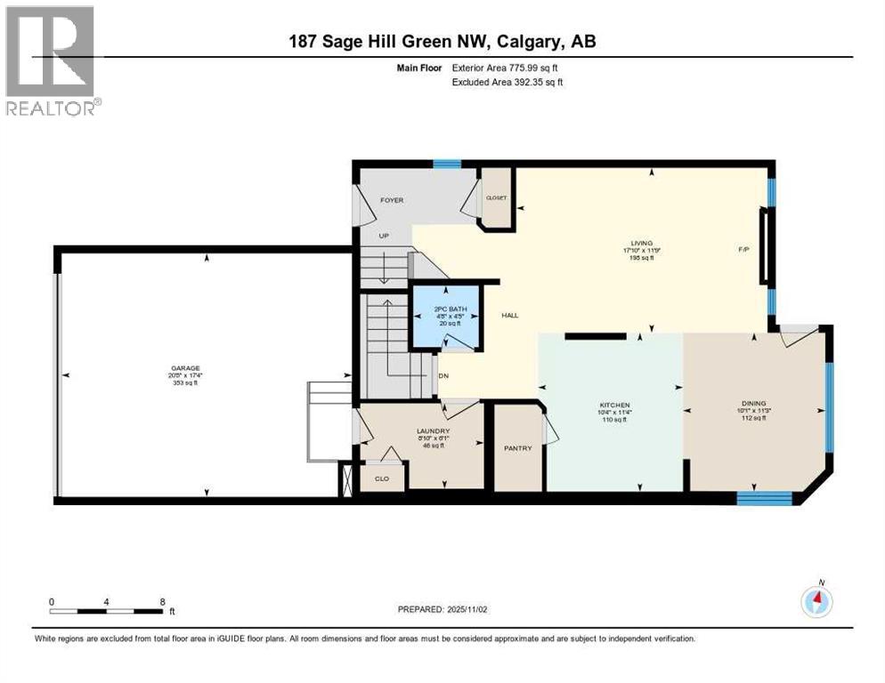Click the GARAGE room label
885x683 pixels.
(x=186, y=367)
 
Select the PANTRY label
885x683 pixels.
(x=517, y=448)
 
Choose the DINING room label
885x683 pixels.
(x=753, y=403)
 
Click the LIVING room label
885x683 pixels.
(x=641, y=243)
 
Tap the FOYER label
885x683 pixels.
(x=392, y=200)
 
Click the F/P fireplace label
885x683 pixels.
(x=743, y=249)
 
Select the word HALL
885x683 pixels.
(x=510, y=316)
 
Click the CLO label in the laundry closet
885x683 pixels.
(x=382, y=478)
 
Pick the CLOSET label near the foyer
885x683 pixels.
(x=495, y=197)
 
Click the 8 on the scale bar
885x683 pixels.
(x=162, y=601)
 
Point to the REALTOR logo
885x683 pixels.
(x=51, y=61)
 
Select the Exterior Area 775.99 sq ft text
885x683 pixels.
(x=507, y=67)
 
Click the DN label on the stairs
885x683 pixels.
(x=443, y=374)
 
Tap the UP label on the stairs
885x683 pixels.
(x=385, y=236)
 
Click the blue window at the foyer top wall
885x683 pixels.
(x=447, y=164)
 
